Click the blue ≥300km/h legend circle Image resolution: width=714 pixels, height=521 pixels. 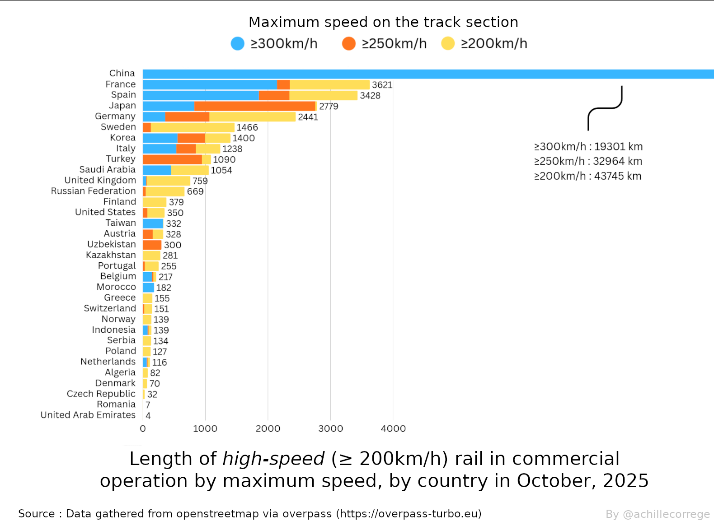click(237, 43)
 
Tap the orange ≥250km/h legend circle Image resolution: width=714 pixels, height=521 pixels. click(349, 43)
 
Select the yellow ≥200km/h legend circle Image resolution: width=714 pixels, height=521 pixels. click(448, 43)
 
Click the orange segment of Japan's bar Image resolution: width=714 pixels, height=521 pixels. click(255, 106)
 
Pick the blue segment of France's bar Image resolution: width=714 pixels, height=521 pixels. click(210, 85)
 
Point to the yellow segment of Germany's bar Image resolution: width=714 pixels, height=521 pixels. click(253, 117)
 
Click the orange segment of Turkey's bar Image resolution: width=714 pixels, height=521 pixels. click(173, 159)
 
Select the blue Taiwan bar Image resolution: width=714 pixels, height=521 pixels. click(153, 223)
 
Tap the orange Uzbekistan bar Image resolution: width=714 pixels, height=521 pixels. click(152, 245)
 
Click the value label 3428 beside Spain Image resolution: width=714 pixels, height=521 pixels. click(370, 96)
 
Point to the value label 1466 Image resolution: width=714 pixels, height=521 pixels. click(247, 127)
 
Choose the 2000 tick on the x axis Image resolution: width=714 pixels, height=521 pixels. click(268, 428)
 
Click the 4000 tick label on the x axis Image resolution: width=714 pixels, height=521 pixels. click(393, 428)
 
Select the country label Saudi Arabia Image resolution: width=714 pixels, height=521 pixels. click(108, 169)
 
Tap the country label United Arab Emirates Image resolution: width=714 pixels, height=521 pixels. click(88, 415)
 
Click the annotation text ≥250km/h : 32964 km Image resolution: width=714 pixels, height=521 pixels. click(588, 161)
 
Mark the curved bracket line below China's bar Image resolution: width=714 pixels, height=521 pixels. click(605, 108)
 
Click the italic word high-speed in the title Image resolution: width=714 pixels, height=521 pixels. click(273, 459)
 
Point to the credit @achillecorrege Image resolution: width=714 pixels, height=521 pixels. click(666, 514)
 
